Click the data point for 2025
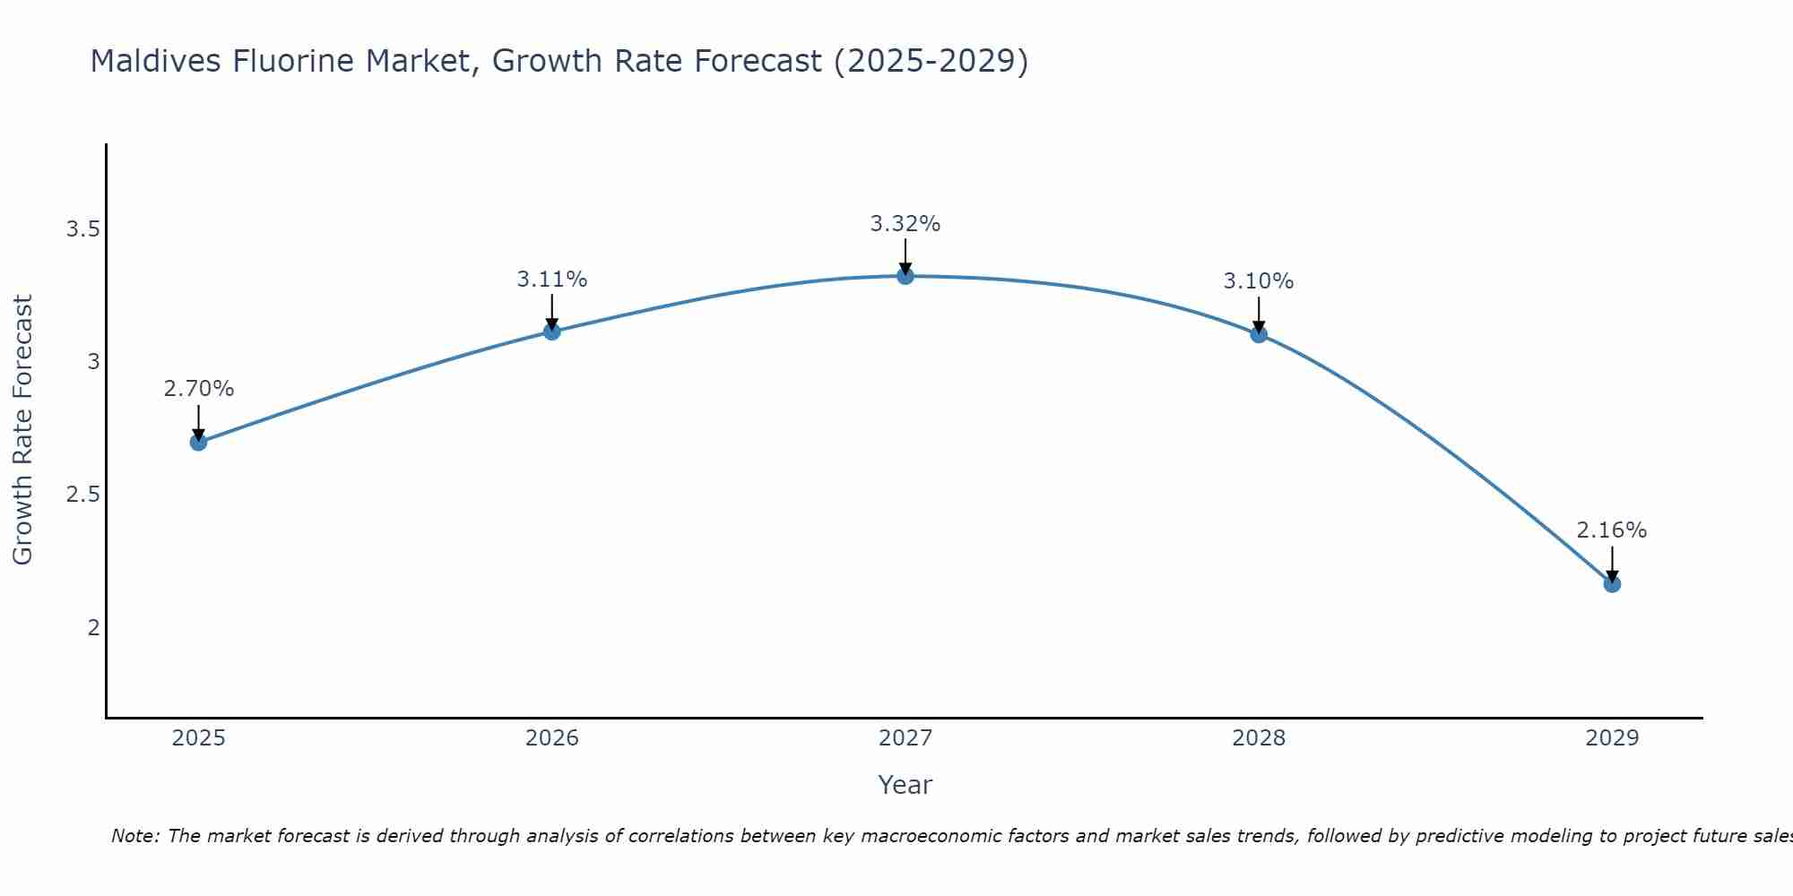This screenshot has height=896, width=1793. pos(199,442)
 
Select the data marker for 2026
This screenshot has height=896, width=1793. pos(552,332)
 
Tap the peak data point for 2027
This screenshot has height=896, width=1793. pos(905,276)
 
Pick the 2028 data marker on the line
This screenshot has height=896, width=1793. pos(1259,334)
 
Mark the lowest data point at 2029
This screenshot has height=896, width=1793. pos(1612,584)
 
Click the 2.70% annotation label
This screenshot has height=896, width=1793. pos(199,389)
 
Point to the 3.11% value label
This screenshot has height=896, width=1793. pos(552,280)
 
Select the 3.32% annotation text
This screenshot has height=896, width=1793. pos(905,224)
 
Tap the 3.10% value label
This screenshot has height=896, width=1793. pos(1259,281)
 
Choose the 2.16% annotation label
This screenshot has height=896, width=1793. pos(1612,530)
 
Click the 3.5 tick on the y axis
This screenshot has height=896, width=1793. pos(82,229)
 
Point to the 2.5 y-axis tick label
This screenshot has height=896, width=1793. pos(82,495)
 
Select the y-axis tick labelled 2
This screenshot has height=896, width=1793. pos(93,627)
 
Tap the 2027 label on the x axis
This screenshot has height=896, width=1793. pos(905,738)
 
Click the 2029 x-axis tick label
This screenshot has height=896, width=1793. pos(1612,738)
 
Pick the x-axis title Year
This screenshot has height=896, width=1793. pos(905,785)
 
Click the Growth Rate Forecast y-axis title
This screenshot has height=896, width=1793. pos(23,430)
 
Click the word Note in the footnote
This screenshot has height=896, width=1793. pos(134,836)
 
